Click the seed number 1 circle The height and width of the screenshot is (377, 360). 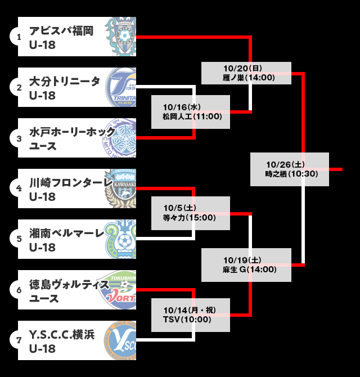tap(19, 37)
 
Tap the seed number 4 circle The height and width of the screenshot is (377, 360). tap(19, 188)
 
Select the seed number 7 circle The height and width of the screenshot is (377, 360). tap(19, 340)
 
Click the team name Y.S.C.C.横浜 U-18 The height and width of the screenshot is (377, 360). tap(62, 340)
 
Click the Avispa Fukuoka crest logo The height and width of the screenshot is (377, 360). tap(123, 37)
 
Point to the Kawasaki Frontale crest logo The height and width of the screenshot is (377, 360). tap(121, 188)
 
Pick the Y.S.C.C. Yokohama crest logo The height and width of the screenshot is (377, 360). tap(123, 340)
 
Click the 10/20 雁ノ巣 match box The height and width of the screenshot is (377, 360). tap(246, 73)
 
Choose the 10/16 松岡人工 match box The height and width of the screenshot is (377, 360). tap(191, 112)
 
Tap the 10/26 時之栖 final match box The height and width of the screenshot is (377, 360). tap(289, 169)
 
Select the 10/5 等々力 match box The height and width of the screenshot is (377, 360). tap(191, 213)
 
